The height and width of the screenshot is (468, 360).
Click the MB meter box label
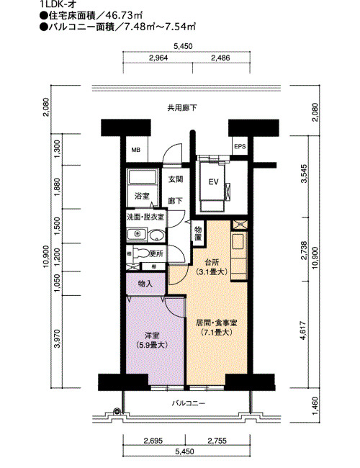click(x=136, y=150)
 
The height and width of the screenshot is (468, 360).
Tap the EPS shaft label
click(x=240, y=147)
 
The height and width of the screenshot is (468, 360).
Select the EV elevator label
click(x=213, y=181)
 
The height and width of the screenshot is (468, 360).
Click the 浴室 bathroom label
click(x=142, y=196)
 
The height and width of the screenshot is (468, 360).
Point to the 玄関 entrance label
click(x=176, y=179)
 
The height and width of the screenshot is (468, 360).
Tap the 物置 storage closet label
click(x=198, y=234)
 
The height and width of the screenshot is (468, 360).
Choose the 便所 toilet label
click(x=156, y=253)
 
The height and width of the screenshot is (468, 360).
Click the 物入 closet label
click(x=145, y=284)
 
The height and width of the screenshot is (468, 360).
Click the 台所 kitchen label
click(x=212, y=263)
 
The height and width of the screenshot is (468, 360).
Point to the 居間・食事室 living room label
click(x=217, y=323)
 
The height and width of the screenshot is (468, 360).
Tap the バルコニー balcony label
click(x=189, y=403)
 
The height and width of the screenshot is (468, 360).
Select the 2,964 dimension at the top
click(x=158, y=58)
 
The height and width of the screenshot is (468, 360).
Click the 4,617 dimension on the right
click(x=303, y=330)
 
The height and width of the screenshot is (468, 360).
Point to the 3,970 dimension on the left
click(x=58, y=338)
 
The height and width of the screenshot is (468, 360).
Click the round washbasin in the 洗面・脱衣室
click(x=157, y=235)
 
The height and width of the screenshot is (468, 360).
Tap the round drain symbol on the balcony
click(x=117, y=411)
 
